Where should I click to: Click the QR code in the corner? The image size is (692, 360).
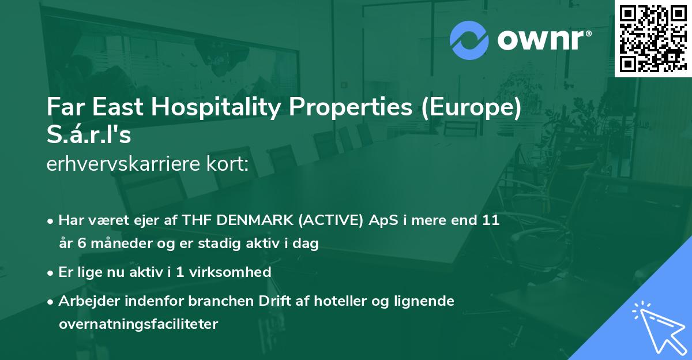(x=653, y=39)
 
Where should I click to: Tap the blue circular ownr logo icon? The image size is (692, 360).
(x=468, y=39)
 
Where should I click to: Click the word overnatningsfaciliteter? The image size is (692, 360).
(x=138, y=324)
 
